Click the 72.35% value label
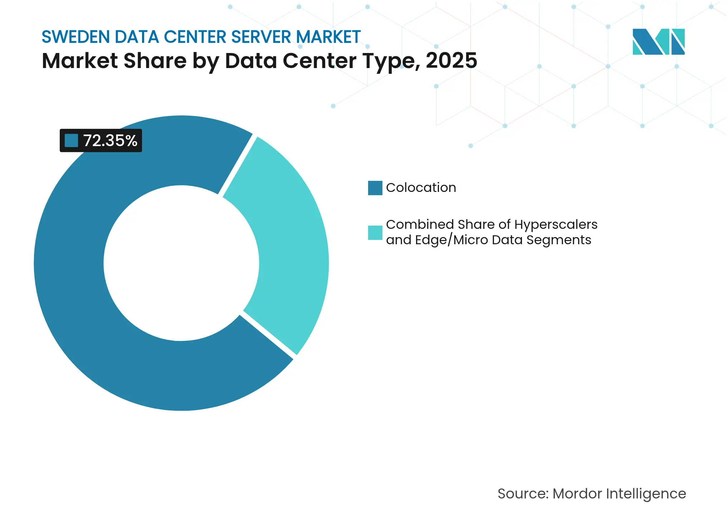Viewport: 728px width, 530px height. click(x=110, y=141)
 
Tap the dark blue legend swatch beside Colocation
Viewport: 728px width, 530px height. click(x=375, y=188)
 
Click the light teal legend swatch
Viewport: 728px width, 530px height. click(x=375, y=233)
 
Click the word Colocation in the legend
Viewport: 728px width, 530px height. click(x=421, y=188)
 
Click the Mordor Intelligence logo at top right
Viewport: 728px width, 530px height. click(x=658, y=42)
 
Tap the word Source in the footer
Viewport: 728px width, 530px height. click(x=523, y=494)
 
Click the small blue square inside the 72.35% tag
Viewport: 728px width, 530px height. click(x=71, y=141)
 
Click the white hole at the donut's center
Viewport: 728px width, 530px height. click(x=181, y=263)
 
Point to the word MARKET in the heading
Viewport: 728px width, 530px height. click(x=328, y=37)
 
